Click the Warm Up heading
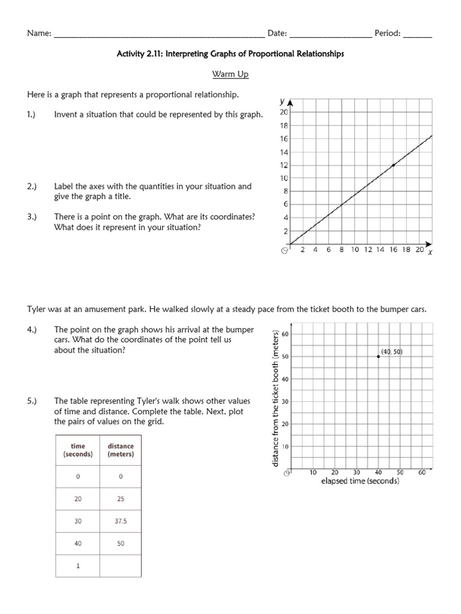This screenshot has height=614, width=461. pyautogui.click(x=230, y=74)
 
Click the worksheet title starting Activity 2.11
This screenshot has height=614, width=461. pyautogui.click(x=230, y=54)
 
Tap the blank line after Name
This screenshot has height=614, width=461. pyautogui.click(x=159, y=35)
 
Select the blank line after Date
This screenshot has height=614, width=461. pyautogui.click(x=330, y=35)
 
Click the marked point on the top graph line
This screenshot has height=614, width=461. pyautogui.click(x=393, y=165)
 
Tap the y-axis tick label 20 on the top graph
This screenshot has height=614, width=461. pyautogui.click(x=285, y=112)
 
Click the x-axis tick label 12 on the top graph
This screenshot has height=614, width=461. pyautogui.click(x=367, y=250)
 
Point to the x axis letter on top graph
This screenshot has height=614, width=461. pyautogui.click(x=430, y=253)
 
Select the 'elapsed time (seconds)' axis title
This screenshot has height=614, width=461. pyautogui.click(x=360, y=481)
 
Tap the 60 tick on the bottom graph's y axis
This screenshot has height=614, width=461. pyautogui.click(x=286, y=334)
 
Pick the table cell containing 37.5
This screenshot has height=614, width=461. pyautogui.click(x=121, y=522)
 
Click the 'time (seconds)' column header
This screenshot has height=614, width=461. pyautogui.click(x=78, y=450)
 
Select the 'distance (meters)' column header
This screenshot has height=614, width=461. pyautogui.click(x=121, y=450)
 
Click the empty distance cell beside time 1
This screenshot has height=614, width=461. pyautogui.click(x=121, y=565)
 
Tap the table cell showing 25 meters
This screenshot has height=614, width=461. pyautogui.click(x=121, y=499)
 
